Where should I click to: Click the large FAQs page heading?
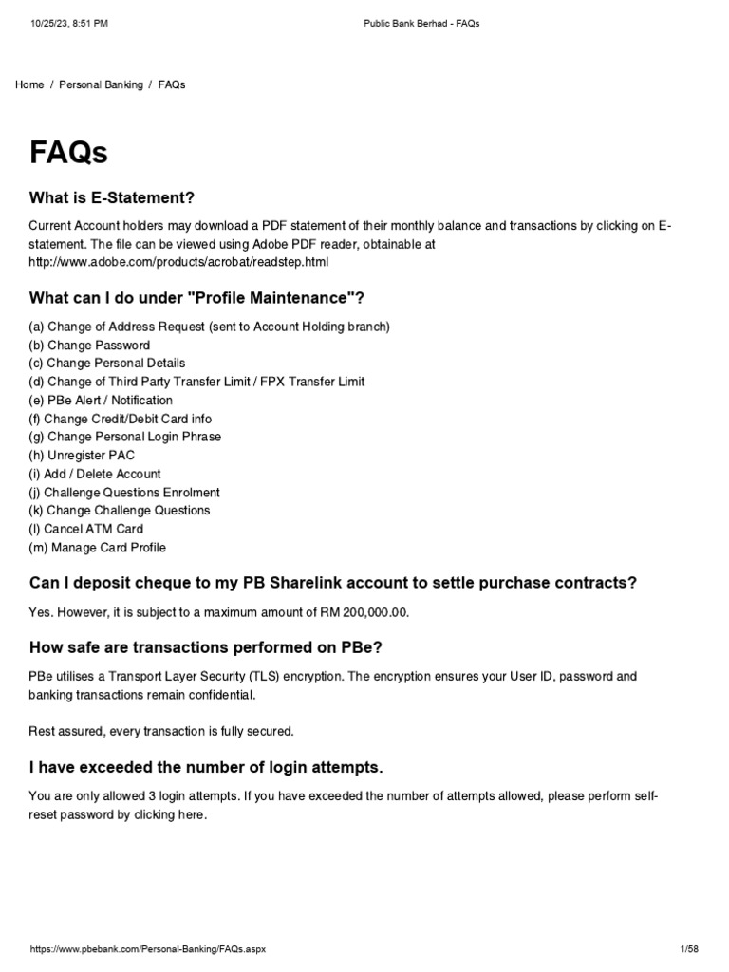coord(68,152)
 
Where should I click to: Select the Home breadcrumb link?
coord(29,84)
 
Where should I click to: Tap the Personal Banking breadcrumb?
coord(101,84)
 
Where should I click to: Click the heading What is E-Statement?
coord(112,198)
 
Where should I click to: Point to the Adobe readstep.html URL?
coord(178,261)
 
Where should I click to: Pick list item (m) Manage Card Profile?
coord(97,547)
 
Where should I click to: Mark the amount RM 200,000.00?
coord(358,612)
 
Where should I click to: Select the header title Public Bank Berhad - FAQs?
coord(421,23)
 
